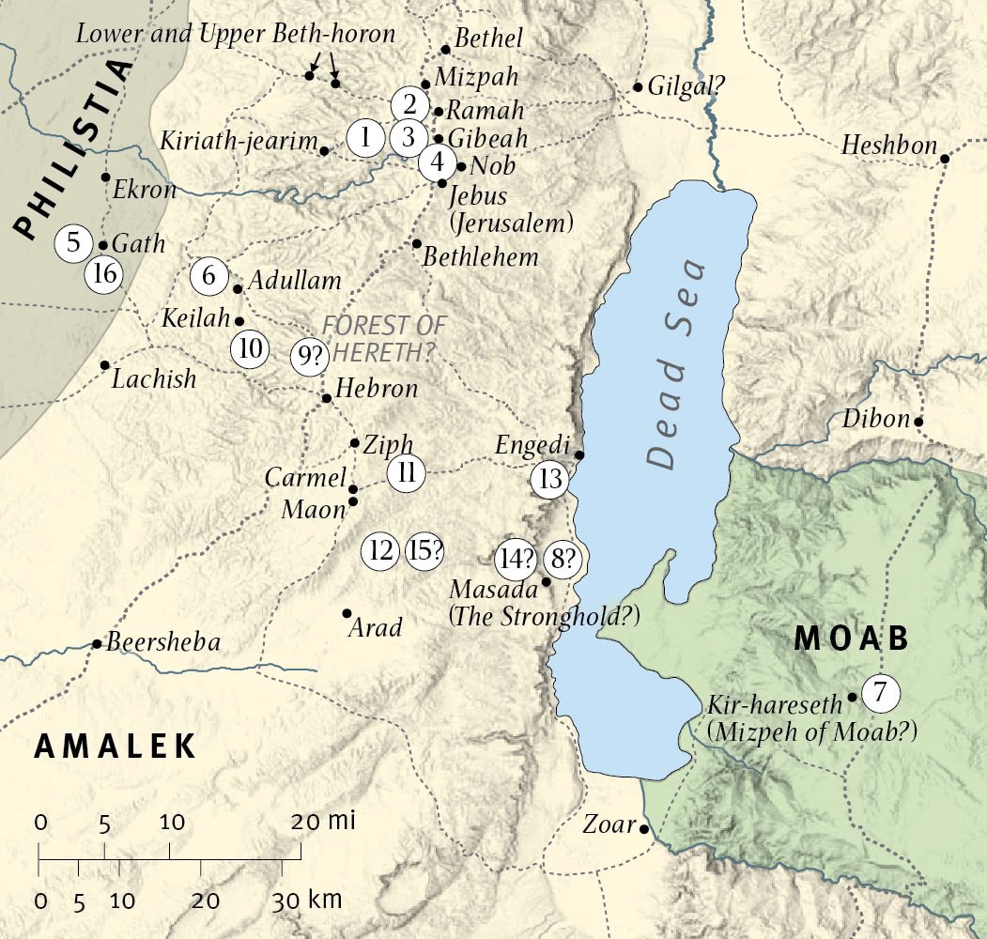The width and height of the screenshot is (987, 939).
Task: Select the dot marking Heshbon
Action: click(944, 159)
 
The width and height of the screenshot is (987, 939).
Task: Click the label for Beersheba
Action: click(163, 643)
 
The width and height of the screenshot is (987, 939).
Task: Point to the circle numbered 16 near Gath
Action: click(104, 275)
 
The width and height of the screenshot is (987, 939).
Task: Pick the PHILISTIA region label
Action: click(73, 150)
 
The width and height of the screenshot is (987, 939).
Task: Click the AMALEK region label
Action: click(116, 747)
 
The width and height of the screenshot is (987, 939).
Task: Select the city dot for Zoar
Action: click(644, 829)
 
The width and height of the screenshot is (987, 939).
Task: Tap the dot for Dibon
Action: click(918, 421)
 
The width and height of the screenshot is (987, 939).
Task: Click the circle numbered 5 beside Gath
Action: click(73, 243)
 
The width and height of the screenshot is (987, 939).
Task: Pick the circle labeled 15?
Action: click(424, 550)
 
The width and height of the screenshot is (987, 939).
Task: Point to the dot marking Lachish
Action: click(104, 364)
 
